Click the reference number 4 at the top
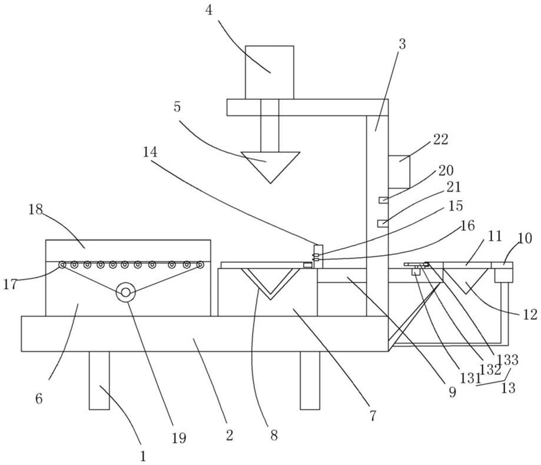pos(209,11)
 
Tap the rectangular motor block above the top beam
pos(270,72)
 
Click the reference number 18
pos(35,209)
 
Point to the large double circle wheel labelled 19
pos(125,292)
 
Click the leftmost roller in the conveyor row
pos(62,265)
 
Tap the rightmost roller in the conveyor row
pos(200,265)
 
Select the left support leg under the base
pos(99,380)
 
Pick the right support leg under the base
pos(310,380)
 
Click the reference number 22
pos(440,139)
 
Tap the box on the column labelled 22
pos(399,172)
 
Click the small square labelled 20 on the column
pos(383,200)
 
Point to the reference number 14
pos(150,152)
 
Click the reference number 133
pos(509,360)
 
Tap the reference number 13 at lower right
pos(508,388)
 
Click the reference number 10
pos(525,238)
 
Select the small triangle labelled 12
pos(466,281)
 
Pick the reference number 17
pos(10,284)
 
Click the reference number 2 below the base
pos(230,436)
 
